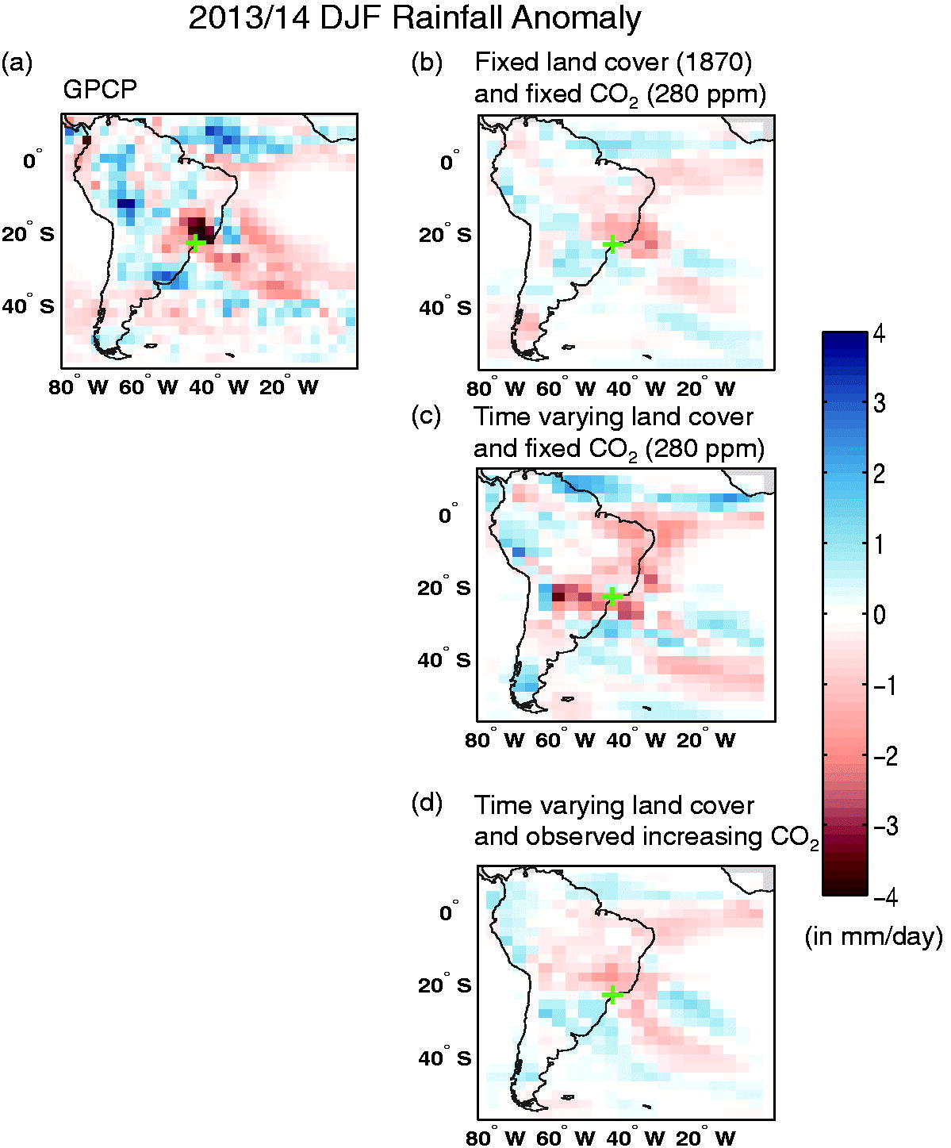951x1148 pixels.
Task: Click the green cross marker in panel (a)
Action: point(196,243)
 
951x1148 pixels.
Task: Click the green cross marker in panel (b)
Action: point(613,244)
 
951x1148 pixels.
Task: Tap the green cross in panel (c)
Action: point(612,596)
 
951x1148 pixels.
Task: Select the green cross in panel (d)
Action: point(612,994)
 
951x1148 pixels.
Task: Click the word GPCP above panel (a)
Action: point(99,90)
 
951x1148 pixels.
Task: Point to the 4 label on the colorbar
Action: point(879,334)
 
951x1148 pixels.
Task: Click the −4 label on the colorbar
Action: point(885,898)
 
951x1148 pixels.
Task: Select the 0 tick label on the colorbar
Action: point(880,615)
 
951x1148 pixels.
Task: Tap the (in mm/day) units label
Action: point(874,935)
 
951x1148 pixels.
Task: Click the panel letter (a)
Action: point(17,63)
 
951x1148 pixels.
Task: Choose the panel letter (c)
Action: point(427,417)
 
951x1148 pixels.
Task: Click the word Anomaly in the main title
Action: point(577,18)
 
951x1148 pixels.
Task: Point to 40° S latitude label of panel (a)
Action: point(29,305)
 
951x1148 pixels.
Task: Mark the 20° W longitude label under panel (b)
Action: point(706,389)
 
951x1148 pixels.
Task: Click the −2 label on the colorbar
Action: point(885,757)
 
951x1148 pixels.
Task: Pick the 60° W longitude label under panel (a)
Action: point(148,388)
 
